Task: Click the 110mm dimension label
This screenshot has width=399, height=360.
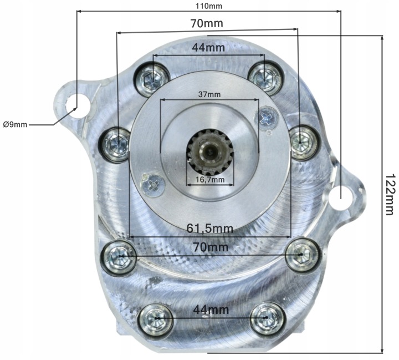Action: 209,6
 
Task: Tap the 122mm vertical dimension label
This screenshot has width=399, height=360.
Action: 390,195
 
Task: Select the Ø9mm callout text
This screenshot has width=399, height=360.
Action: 15,125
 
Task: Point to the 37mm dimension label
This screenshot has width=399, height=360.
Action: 209,94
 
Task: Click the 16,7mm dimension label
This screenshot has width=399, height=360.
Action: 210,180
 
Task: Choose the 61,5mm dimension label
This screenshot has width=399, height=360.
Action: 210,228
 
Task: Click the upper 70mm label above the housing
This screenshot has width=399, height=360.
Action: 207,23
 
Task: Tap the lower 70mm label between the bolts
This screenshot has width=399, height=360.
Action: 211,247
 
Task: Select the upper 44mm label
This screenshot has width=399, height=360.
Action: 208,47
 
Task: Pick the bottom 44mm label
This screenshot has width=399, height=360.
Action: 211,310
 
